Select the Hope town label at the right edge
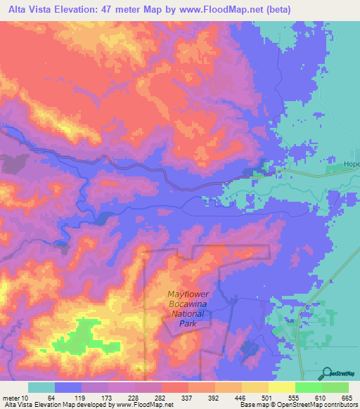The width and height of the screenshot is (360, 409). click(351, 164)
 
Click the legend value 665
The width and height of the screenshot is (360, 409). click(348, 398)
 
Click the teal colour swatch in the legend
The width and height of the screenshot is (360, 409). click(41, 387)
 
